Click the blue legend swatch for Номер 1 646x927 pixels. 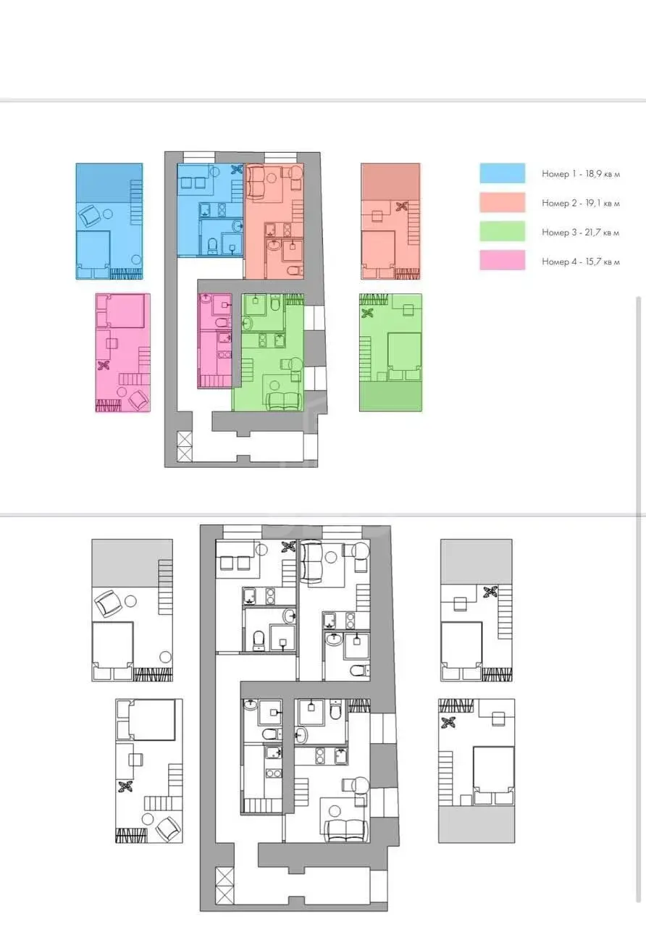coord(503,173)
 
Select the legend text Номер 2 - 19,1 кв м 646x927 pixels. coord(581,204)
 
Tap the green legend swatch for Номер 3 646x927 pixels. coord(503,231)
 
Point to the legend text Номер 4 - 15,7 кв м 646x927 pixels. coord(581,261)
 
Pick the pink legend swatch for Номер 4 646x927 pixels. coord(503,260)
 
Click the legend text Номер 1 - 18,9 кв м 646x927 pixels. coord(581,174)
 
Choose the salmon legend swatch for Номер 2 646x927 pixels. coord(503,202)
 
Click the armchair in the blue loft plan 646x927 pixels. coord(90,215)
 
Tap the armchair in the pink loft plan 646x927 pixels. coord(138,400)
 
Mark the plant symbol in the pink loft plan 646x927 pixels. coord(104,365)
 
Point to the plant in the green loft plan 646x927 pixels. coord(367,313)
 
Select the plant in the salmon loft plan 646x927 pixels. coord(401,206)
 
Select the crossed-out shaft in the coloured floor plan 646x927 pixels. coord(184,447)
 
